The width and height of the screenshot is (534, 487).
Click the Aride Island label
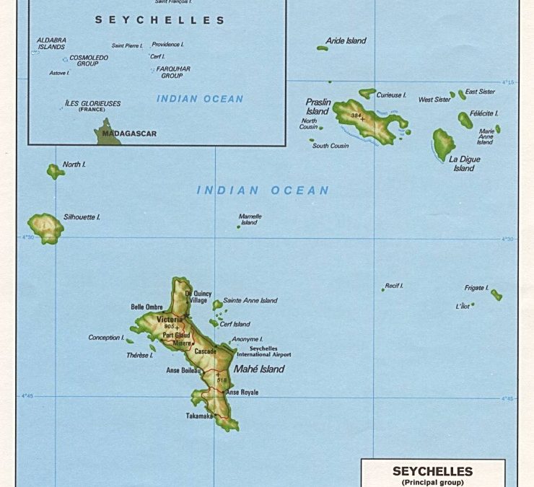346,41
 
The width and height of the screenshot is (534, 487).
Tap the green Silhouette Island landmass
46,228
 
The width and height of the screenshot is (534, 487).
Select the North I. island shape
55,171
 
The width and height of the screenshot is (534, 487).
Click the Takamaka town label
199,416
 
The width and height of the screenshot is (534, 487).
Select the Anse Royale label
242,392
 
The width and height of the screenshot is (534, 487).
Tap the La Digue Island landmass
443,144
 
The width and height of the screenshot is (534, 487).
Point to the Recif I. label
393,286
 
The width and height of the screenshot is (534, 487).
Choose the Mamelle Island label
250,219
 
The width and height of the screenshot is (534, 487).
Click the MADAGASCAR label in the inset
129,133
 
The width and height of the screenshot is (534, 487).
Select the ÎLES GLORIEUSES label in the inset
93,104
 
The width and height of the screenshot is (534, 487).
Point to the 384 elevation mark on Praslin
356,115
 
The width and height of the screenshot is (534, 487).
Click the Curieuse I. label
391,95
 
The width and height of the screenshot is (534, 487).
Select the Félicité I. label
484,113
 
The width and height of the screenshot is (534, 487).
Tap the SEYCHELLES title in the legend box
432,472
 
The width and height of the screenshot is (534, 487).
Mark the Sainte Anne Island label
250,300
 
